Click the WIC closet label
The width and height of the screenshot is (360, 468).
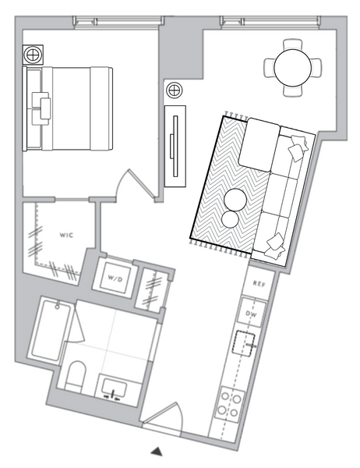coord(66,236)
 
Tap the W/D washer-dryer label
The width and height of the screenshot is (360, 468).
coord(115,279)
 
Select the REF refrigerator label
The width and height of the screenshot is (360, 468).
coord(259,284)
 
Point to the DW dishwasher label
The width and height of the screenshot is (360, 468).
coord(251,314)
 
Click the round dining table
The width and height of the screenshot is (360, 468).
coord(292,67)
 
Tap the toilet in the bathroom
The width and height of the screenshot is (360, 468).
coord(75,376)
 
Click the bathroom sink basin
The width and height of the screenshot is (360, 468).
coord(114,388)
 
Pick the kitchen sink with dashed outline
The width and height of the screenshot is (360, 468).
coord(244,343)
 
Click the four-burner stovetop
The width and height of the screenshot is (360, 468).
coord(229,404)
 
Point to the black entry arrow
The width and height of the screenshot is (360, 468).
coord(157,452)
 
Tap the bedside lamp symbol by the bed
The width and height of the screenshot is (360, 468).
coord(33,55)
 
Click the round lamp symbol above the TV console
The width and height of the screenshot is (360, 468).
coord(175,90)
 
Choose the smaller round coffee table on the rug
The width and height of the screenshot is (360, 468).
coord(230,219)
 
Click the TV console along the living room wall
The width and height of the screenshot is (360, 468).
coord(175,147)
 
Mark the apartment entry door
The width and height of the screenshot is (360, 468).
coord(162,417)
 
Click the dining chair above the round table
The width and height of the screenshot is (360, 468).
coord(292,44)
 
